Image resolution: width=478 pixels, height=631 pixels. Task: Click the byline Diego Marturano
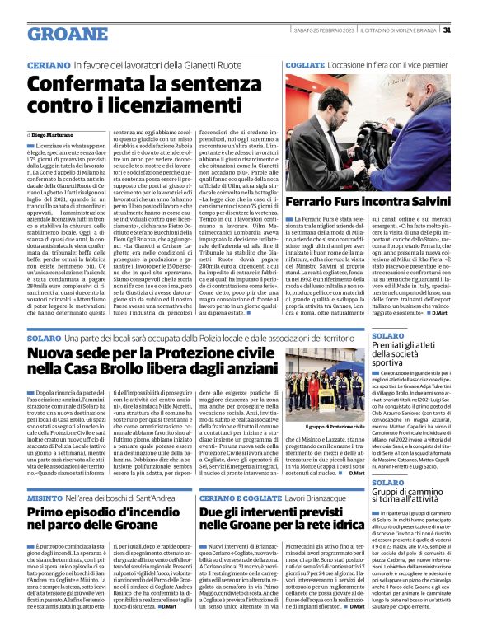[54, 134]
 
